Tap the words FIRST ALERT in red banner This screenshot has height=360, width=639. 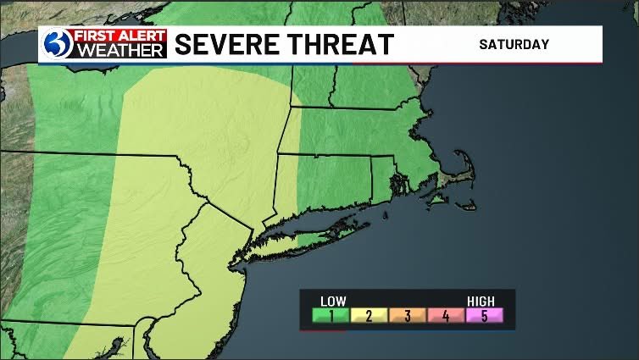(x=117, y=36)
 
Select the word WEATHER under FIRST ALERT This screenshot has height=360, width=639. (x=117, y=51)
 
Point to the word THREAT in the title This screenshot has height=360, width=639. (x=344, y=44)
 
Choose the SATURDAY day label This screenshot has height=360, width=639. (x=514, y=44)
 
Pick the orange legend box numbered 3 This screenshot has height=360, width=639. (x=408, y=316)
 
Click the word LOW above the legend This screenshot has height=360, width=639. (x=332, y=300)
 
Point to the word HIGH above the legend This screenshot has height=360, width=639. (x=481, y=300)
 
